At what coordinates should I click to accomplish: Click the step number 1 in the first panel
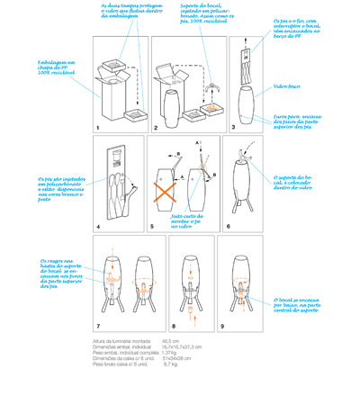point(98,129)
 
